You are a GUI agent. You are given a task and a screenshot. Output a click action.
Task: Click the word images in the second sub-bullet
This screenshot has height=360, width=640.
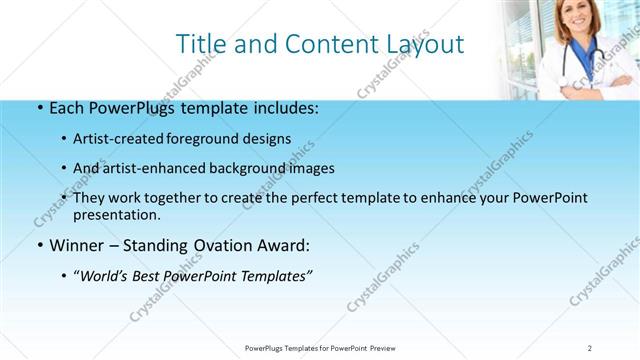point(310,168)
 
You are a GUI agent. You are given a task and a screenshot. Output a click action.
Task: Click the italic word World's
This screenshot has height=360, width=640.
point(104,275)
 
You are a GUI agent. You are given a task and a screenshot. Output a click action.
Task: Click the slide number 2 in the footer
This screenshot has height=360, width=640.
point(590,347)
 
